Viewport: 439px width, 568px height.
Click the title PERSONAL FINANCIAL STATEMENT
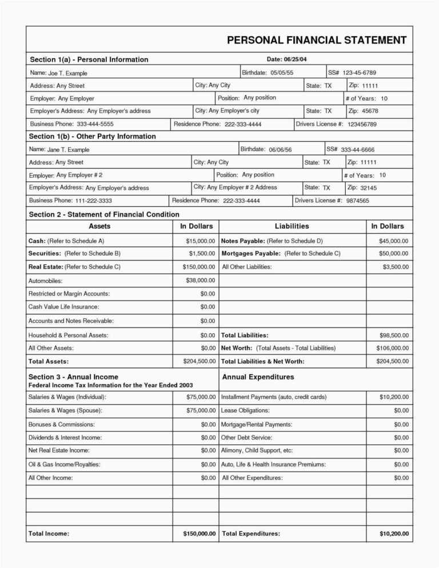coord(317,40)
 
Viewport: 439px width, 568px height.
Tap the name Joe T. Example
coord(67,73)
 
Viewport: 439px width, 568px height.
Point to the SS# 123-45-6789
coord(359,73)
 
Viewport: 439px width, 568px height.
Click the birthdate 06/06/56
coord(280,150)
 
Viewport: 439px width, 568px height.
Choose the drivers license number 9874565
coord(358,201)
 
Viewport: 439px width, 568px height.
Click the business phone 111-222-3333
coord(93,201)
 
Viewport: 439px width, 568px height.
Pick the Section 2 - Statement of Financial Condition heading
coord(104,214)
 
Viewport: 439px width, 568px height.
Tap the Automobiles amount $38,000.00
coord(201,280)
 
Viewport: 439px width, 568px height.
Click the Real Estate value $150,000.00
coord(199,267)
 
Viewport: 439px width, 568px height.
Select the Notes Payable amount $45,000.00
coord(394,241)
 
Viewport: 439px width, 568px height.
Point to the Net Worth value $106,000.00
coord(392,348)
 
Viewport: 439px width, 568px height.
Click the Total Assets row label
coord(49,361)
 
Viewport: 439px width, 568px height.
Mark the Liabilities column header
coord(292,226)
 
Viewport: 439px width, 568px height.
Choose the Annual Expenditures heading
coord(258,377)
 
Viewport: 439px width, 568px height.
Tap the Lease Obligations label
coord(245,410)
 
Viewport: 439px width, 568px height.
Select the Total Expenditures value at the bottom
coord(394,534)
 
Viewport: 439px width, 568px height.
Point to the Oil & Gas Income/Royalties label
coord(65,465)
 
